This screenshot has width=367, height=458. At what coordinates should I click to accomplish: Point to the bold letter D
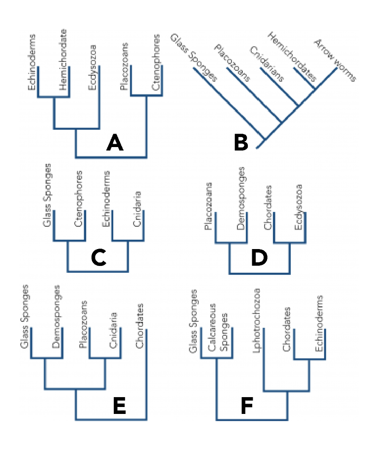pos(259,257)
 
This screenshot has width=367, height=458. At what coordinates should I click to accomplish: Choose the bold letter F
pos(247,407)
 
